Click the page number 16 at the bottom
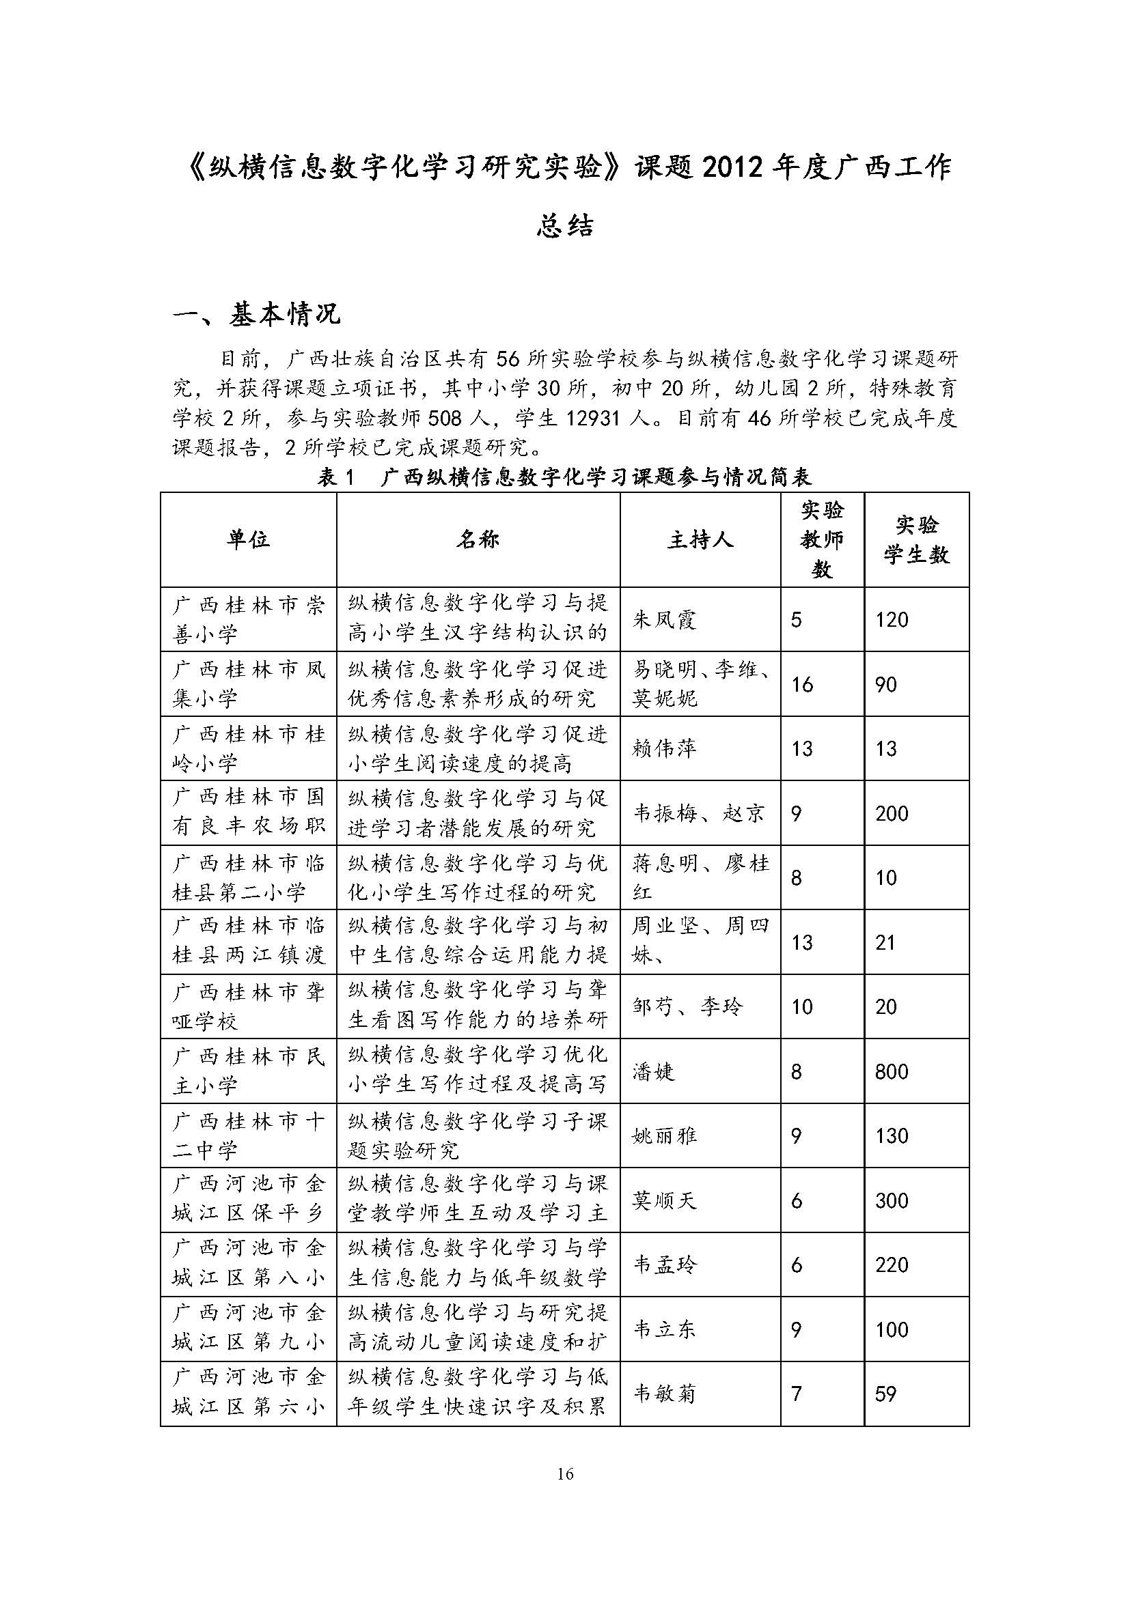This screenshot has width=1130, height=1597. (x=565, y=1473)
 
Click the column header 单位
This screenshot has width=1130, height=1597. (x=248, y=540)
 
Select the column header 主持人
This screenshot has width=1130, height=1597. (x=700, y=540)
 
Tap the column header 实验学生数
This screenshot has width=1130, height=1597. (x=916, y=540)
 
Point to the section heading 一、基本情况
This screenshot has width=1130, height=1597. (x=257, y=315)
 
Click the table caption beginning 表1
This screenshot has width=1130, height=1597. (x=564, y=477)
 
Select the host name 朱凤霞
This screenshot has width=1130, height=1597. (x=664, y=620)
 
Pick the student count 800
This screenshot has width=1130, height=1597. (x=892, y=1071)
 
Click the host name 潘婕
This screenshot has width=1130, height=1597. (x=653, y=1071)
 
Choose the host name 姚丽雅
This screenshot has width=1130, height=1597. (x=664, y=1136)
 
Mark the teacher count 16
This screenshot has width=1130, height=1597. (x=801, y=684)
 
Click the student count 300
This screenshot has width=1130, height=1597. (x=892, y=1200)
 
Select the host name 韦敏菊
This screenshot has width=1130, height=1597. (x=664, y=1394)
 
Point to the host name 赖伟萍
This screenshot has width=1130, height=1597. (x=664, y=749)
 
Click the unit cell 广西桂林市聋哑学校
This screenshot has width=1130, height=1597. (x=248, y=1006)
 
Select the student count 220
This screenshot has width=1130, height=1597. (x=892, y=1264)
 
